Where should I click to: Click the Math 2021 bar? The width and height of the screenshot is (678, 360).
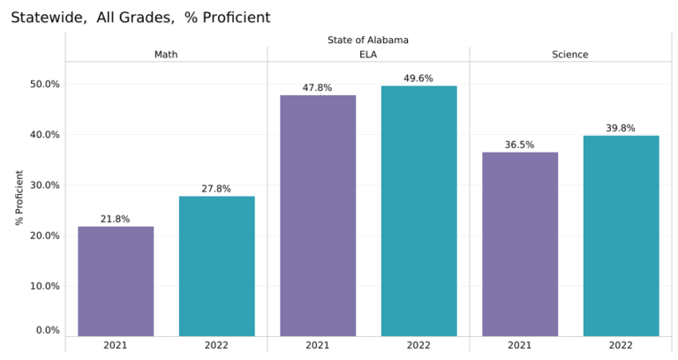116,281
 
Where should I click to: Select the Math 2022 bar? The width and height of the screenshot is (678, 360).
216,266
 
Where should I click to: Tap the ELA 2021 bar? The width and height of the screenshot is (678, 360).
318,215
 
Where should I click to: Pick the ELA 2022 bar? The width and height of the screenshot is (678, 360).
418,211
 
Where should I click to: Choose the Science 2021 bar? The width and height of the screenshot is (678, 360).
520,244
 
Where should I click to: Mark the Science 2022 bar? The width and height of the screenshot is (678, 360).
621,236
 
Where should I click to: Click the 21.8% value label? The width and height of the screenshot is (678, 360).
116,219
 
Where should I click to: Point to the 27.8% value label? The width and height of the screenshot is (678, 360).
216,189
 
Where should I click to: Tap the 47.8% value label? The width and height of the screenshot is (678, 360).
318,87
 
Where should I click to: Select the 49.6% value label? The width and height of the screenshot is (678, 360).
418,79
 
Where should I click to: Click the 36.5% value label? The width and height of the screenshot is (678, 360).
520,145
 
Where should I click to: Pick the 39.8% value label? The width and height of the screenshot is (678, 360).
621,128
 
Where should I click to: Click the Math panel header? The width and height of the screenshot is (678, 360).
166,55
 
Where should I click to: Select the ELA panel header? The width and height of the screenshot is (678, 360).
368,55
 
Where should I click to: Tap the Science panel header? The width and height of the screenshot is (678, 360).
570,55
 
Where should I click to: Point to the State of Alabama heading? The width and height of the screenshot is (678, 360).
368,40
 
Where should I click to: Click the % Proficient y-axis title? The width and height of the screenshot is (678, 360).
19,199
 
